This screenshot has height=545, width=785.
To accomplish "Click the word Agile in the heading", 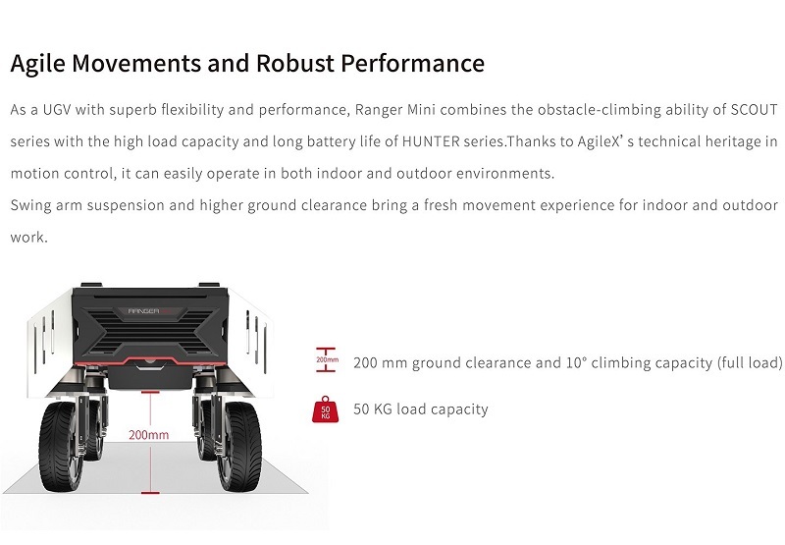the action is pos(38,64).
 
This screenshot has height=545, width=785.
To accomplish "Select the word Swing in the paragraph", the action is pos(31,205).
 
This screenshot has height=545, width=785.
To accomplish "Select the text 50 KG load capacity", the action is pos(420,409).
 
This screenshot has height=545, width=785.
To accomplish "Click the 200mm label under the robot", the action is pos(149,434).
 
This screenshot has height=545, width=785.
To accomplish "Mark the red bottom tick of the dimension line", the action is pos(149,491).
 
